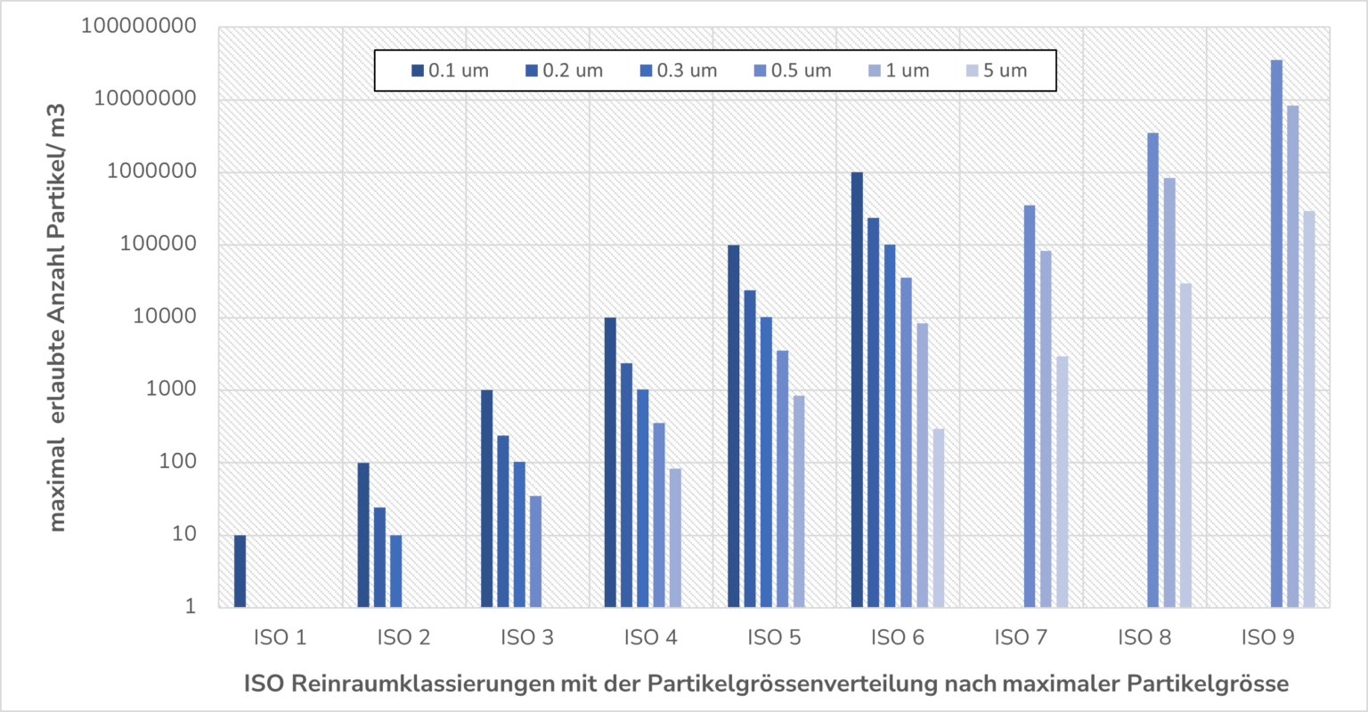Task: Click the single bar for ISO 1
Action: [240, 571]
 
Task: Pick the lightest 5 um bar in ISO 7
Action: [1063, 481]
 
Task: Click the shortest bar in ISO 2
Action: [395, 571]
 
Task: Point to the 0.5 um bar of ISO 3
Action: [535, 552]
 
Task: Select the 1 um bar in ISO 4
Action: [675, 538]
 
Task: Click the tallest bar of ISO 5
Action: [733, 426]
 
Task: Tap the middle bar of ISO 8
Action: [1169, 392]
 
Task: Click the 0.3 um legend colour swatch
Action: [646, 70]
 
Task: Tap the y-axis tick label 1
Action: [190, 607]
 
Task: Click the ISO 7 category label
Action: [1021, 637]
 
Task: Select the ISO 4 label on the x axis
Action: [650, 637]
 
